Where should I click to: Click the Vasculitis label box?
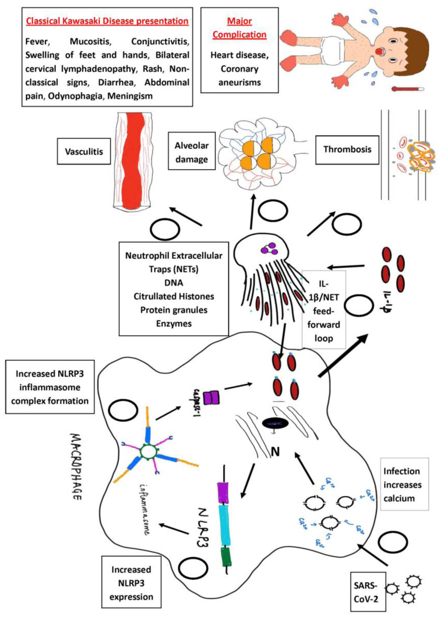point(84,151)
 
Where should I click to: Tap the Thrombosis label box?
point(347,150)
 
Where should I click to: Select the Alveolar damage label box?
point(192,152)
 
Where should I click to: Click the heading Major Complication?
point(240,28)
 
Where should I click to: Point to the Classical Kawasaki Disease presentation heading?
point(107,21)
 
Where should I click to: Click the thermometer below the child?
point(408,89)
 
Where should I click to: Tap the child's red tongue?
point(378,51)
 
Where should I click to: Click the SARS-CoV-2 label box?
point(368,592)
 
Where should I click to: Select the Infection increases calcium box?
point(404,484)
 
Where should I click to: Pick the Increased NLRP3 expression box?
point(131,583)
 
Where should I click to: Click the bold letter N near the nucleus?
point(275,452)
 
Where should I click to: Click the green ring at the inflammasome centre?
point(147,451)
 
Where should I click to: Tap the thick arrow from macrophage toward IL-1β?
point(343,356)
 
